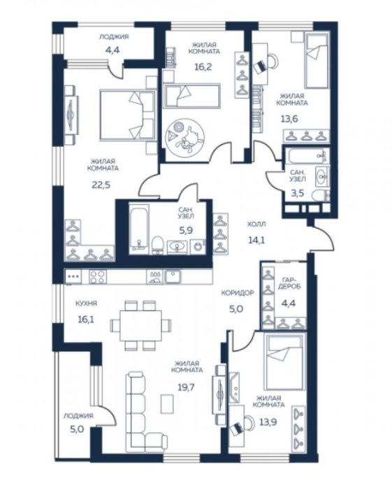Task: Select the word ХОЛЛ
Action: (256, 224)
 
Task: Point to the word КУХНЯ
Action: (87, 303)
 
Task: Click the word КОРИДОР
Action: (238, 293)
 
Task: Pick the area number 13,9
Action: (268, 423)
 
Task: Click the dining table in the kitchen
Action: (141, 325)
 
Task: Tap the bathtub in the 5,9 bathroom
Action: (139, 228)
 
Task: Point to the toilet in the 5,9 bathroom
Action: (158, 245)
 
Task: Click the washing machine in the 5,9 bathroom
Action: (198, 246)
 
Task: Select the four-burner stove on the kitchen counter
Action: (98, 276)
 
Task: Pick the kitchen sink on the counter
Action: (173, 276)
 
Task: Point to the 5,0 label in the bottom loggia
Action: (77, 430)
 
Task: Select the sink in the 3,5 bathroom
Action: (322, 176)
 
